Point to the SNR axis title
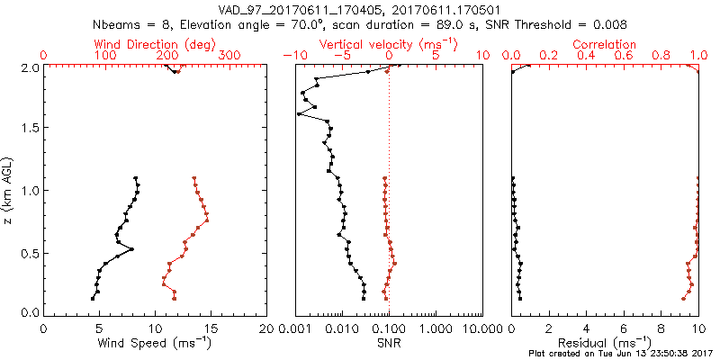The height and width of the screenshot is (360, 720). coord(391,343)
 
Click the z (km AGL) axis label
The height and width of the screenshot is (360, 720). coord(9,190)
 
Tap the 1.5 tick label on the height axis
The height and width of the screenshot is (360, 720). coord(29,128)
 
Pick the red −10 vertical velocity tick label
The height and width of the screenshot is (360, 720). coord(292,55)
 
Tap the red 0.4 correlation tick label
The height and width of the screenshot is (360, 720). coord(586,55)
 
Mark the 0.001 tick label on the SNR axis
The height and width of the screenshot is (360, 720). coord(294,328)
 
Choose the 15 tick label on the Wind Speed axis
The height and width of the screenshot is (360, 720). coord(211,328)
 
